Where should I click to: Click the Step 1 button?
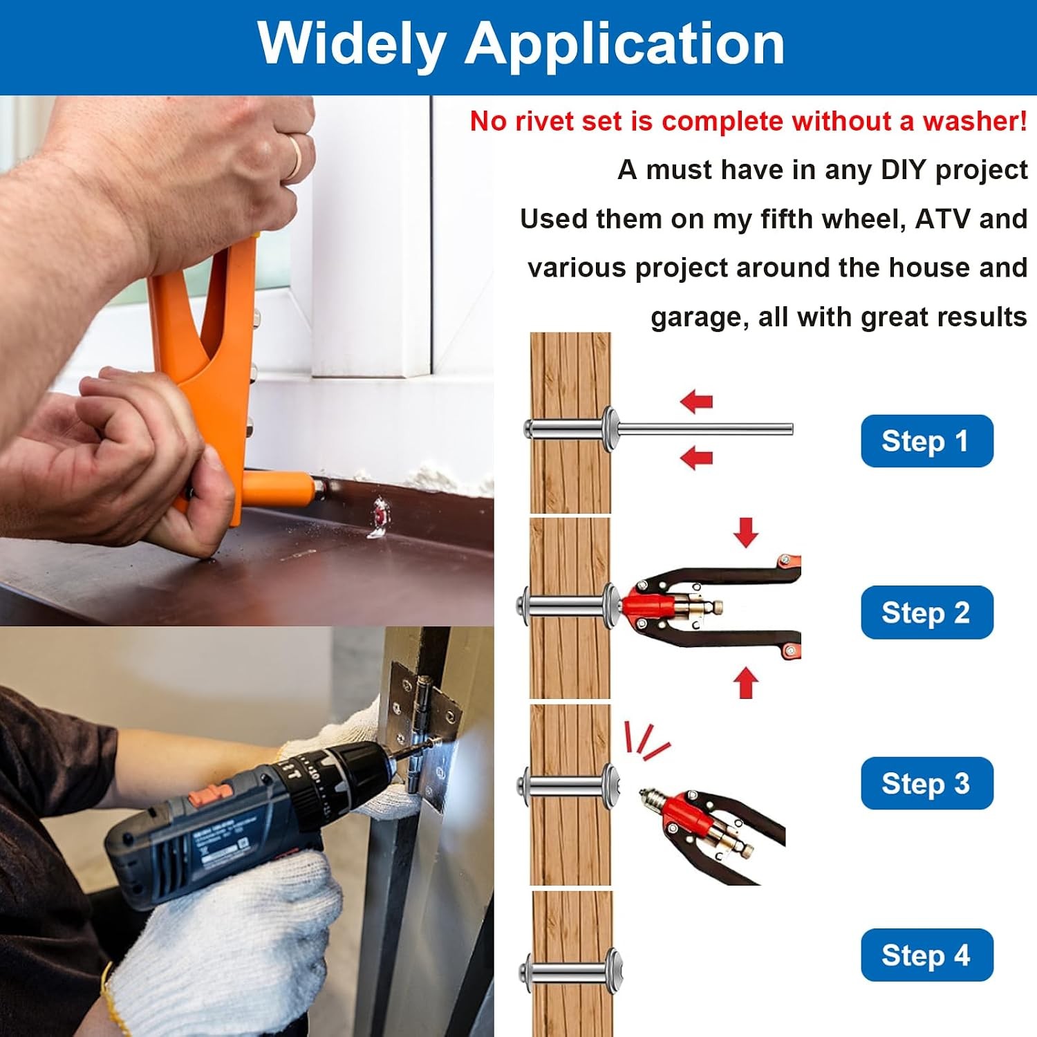pyautogui.click(x=926, y=441)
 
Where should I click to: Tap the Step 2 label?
pyautogui.click(x=926, y=613)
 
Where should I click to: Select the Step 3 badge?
pyautogui.click(x=926, y=783)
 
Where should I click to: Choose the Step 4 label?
pyautogui.click(x=926, y=955)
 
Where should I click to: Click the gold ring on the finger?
pyautogui.click(x=295, y=157)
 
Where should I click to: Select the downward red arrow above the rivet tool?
pyautogui.click(x=746, y=532)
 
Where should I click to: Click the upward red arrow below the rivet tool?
pyautogui.click(x=746, y=682)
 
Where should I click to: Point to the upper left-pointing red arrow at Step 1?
pyautogui.click(x=696, y=401)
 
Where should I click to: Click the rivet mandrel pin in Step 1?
pyautogui.click(x=704, y=429)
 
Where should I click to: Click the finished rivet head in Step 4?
pyautogui.click(x=614, y=971)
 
